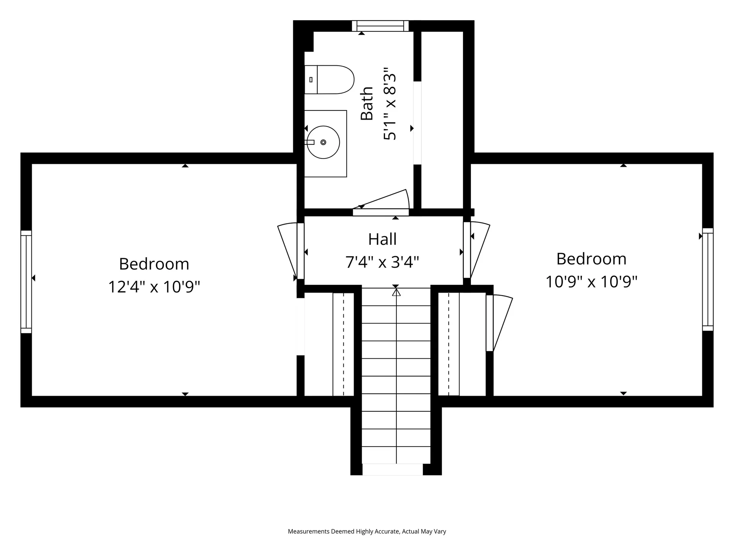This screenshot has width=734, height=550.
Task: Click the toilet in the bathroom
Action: (x=329, y=79)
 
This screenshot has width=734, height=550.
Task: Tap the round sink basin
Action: (x=323, y=142)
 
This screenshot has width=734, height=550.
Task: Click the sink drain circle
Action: (x=323, y=142)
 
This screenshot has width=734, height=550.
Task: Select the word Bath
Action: (x=367, y=103)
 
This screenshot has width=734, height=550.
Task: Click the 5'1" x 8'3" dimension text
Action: (x=390, y=104)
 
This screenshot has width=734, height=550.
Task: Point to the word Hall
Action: (x=382, y=239)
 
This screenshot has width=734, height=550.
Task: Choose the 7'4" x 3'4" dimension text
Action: (x=382, y=262)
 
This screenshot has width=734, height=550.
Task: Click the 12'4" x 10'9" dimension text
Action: (x=154, y=287)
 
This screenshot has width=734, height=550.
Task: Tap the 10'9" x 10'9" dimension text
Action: (x=591, y=282)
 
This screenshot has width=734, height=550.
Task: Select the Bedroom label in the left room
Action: (x=154, y=264)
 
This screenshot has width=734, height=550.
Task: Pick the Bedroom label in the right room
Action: (x=591, y=259)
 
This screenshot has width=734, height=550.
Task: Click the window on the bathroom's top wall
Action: (x=380, y=26)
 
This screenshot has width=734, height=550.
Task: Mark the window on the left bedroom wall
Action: (x=26, y=282)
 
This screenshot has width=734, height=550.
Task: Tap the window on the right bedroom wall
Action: (x=708, y=280)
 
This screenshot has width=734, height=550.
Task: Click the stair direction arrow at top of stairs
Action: (x=396, y=292)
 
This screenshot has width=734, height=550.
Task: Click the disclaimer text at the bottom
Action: (x=367, y=531)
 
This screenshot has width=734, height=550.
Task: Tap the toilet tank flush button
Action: (x=311, y=79)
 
